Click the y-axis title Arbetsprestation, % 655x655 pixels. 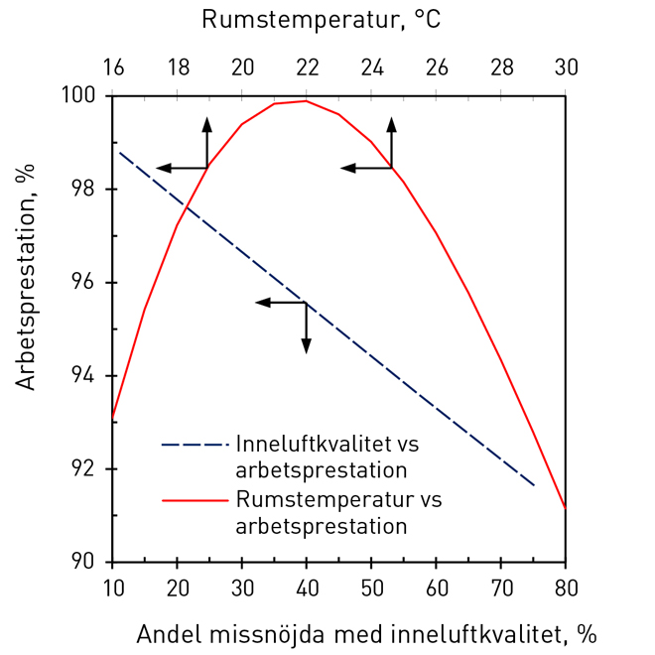point(26,277)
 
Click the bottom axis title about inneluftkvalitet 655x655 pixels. point(366,633)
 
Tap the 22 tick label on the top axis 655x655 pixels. point(307,67)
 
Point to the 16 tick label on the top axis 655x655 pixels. point(113,67)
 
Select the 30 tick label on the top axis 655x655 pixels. point(566,67)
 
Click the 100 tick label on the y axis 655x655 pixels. point(80,96)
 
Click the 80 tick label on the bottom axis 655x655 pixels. point(566,588)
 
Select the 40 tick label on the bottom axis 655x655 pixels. point(307,588)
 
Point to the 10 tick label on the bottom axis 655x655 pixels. point(113,588)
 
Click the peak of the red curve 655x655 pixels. point(305,100)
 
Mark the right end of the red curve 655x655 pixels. point(565,507)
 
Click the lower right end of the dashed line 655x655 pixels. point(534,485)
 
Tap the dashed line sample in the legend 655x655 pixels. point(195,444)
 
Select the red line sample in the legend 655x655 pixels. point(195,500)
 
